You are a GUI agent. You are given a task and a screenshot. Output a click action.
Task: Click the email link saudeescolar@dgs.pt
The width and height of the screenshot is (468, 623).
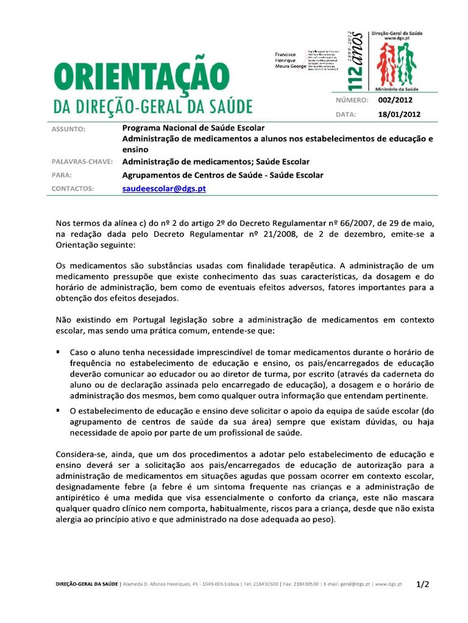pyautogui.click(x=164, y=189)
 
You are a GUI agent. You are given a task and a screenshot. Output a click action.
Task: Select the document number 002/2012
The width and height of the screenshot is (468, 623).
pyautogui.click(x=395, y=100)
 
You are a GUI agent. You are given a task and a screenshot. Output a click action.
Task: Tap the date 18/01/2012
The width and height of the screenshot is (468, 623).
pyautogui.click(x=399, y=114)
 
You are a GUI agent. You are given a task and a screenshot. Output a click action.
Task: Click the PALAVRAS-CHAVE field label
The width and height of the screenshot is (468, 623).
pyautogui.click(x=81, y=162)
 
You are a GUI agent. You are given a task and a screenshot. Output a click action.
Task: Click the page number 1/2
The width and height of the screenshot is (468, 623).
pyautogui.click(x=423, y=584)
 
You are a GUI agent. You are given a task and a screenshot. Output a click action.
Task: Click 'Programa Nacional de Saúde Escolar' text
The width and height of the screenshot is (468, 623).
pyautogui.click(x=193, y=128)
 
